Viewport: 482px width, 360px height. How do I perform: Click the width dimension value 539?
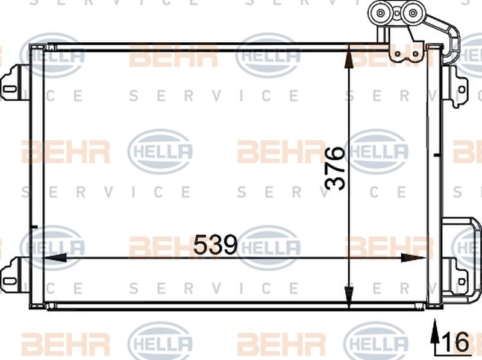215,245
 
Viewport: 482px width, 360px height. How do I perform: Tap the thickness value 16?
457,342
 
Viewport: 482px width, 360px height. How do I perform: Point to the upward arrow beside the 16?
434,338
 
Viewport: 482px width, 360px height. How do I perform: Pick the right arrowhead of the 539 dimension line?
416,257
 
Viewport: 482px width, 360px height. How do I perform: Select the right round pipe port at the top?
413,13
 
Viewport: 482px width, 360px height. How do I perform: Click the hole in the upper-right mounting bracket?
461,90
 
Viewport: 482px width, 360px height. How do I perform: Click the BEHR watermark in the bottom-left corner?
65,342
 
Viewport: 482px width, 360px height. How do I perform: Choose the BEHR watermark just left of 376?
281,151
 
